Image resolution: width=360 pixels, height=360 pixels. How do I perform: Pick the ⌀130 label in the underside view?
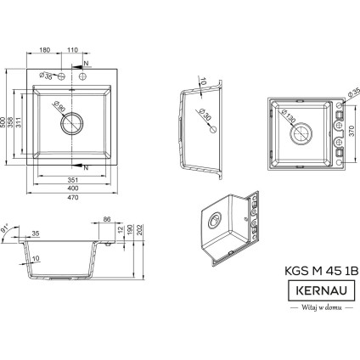[x=286, y=116]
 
